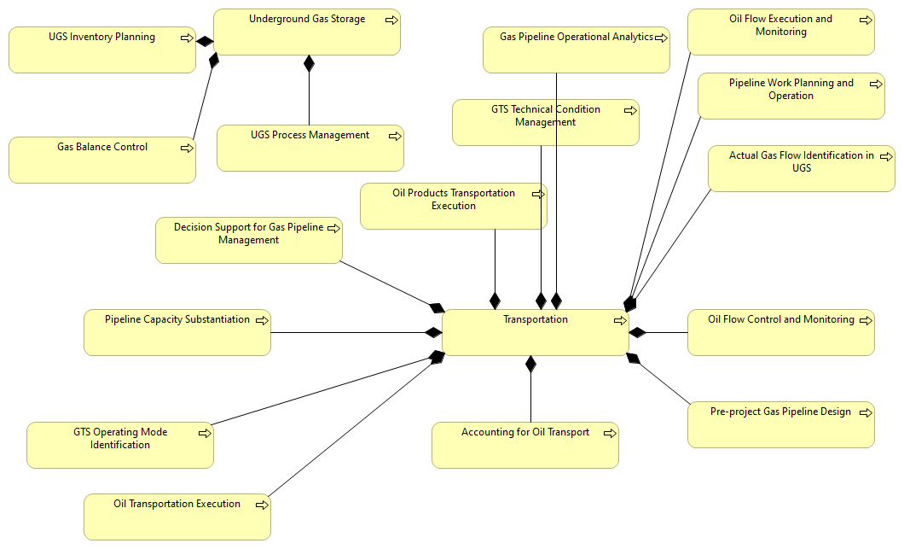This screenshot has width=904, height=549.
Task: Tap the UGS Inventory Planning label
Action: [x=101, y=38]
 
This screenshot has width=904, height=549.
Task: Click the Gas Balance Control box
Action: [x=101, y=160]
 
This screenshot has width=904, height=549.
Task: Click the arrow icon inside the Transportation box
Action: [x=620, y=321]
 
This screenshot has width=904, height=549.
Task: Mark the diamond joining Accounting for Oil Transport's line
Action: [x=530, y=365]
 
